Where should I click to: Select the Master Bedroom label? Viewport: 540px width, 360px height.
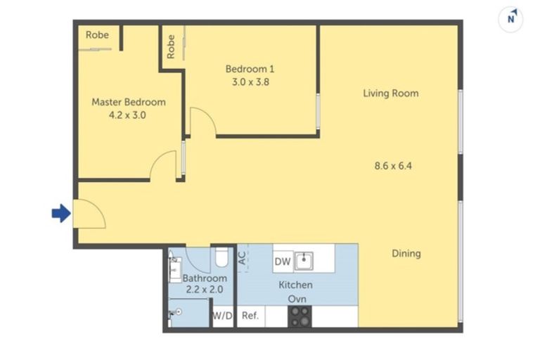click(129, 102)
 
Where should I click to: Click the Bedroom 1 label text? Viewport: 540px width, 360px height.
click(250, 69)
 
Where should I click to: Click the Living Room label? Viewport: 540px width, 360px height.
click(390, 93)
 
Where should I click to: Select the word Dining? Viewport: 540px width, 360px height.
click(406, 253)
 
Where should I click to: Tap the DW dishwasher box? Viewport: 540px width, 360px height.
click(283, 262)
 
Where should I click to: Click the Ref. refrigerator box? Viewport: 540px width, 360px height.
click(250, 316)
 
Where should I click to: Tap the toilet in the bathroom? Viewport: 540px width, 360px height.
click(221, 259)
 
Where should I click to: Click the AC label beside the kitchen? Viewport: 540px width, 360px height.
click(243, 258)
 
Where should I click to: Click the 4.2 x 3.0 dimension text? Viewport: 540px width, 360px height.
click(129, 115)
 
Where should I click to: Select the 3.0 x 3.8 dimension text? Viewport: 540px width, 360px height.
click(250, 82)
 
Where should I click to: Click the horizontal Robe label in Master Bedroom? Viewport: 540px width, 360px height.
click(96, 34)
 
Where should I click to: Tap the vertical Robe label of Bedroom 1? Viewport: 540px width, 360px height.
click(171, 46)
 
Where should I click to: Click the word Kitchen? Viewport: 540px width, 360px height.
click(295, 285)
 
